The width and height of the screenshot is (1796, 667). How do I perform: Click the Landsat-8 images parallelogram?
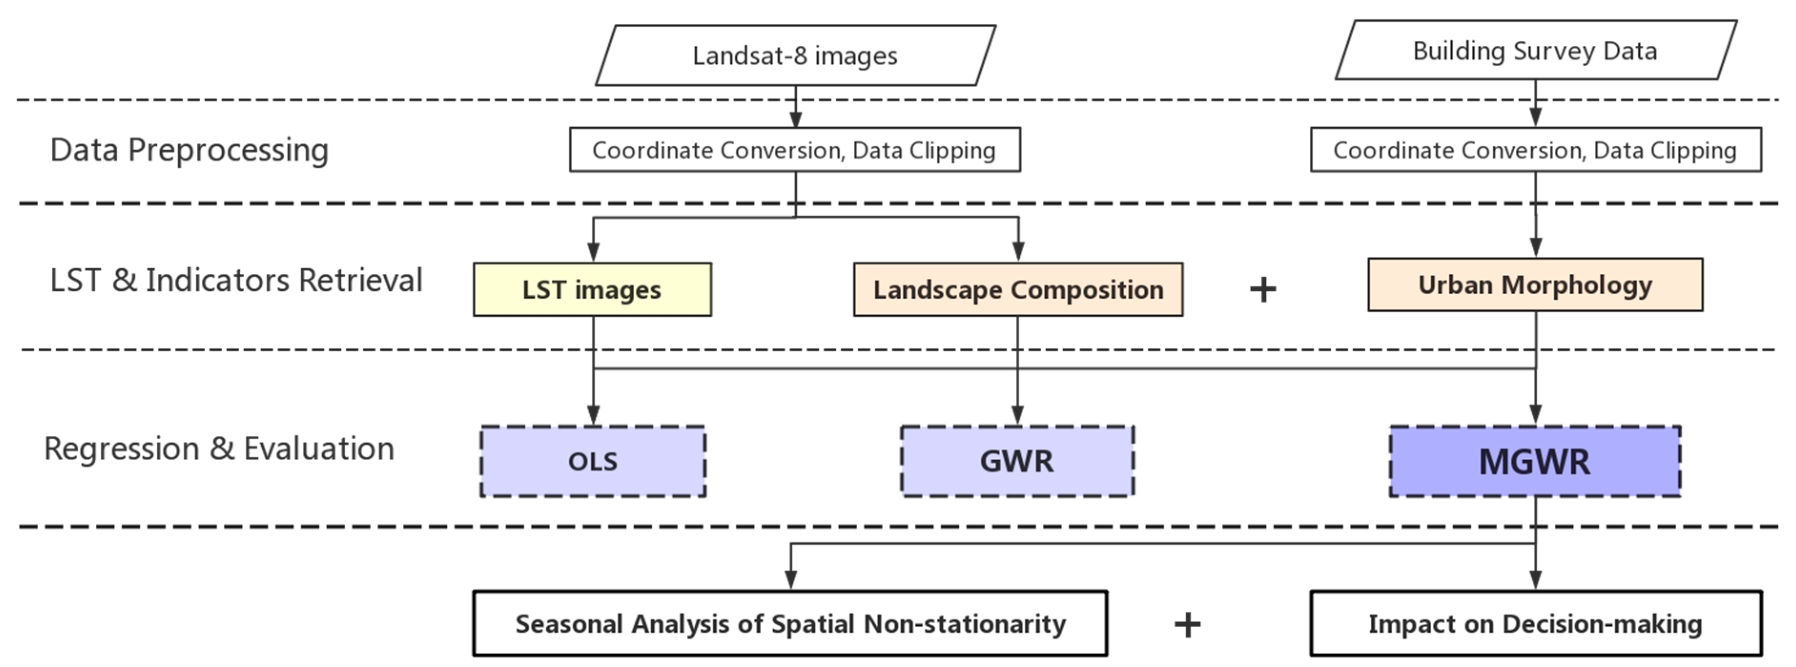(x=795, y=56)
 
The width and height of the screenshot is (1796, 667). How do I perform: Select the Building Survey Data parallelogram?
(x=1535, y=50)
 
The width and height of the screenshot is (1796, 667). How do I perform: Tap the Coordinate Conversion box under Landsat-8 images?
(x=795, y=150)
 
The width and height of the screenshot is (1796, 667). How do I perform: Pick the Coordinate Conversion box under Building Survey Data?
(x=1535, y=150)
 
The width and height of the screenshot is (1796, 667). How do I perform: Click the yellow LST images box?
(x=592, y=289)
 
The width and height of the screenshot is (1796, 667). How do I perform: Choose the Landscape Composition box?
(x=1018, y=289)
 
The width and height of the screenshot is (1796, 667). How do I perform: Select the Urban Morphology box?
(x=1535, y=284)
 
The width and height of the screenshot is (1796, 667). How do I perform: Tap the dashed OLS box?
(x=593, y=461)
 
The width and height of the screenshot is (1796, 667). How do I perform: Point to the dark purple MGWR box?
(x=1535, y=461)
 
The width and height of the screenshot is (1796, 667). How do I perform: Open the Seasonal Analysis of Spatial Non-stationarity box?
(x=790, y=623)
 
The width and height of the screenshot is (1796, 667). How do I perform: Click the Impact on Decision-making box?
(x=1535, y=623)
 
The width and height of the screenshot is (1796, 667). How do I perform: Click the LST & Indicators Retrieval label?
(x=236, y=280)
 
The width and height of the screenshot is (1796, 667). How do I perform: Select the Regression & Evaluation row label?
(x=219, y=448)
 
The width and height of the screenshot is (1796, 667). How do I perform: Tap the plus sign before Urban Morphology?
(x=1262, y=289)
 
